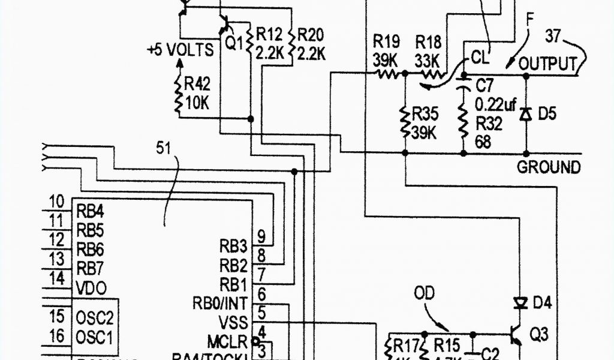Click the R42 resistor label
point(198,84)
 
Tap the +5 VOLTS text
point(180,50)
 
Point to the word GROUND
point(549,167)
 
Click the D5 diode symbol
point(526,113)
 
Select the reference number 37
point(552,37)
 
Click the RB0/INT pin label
point(220,300)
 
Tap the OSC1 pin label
point(95,336)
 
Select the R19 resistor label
point(386,41)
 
